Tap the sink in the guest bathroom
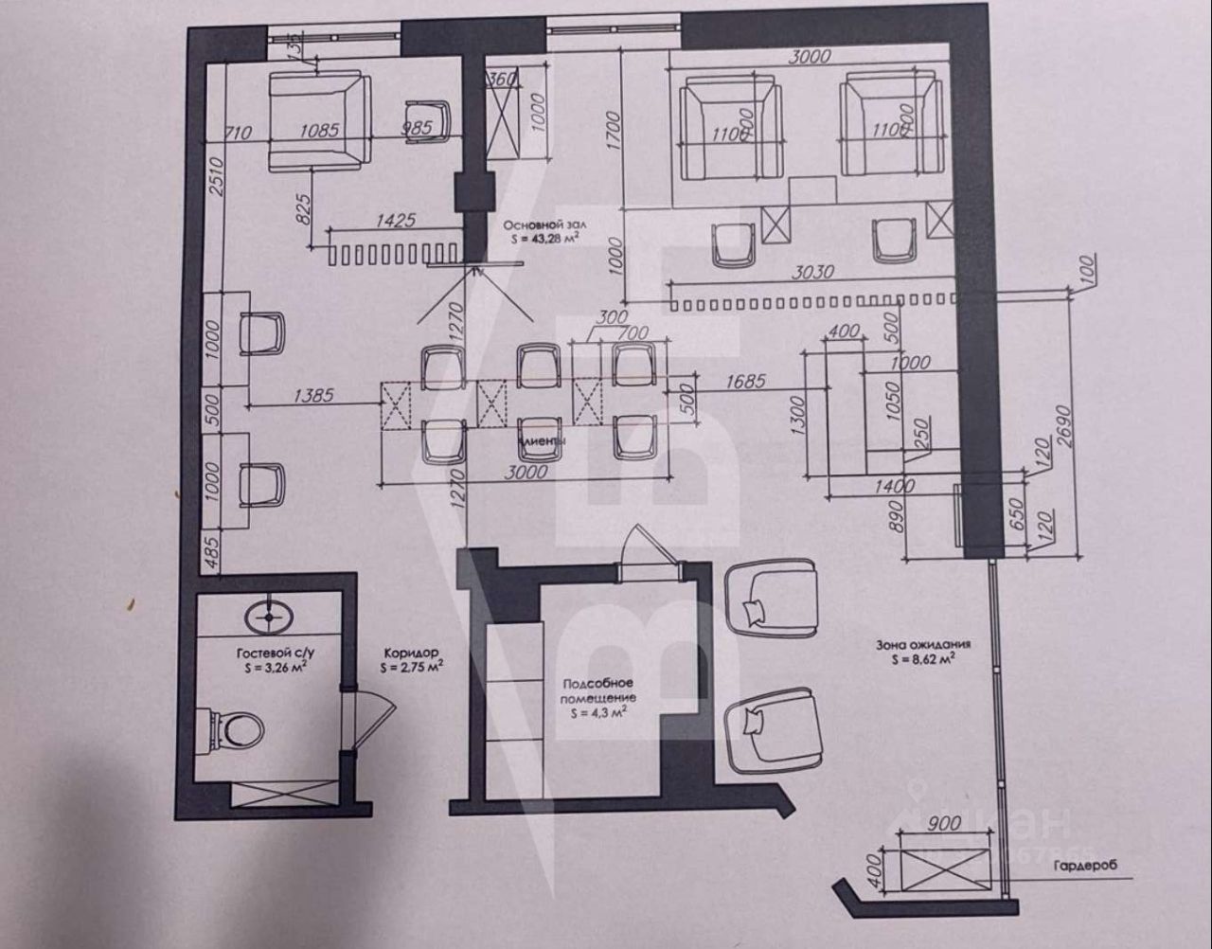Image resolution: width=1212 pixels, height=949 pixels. [271, 617]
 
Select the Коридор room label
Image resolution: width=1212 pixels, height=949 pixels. [411, 653]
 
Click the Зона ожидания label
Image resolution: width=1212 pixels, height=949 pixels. [923, 644]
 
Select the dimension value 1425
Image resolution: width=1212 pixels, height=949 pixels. [397, 222]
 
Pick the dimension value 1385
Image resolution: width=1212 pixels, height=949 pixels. [313, 396]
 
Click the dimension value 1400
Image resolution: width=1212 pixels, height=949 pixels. [895, 487]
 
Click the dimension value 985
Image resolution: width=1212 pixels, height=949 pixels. [417, 128]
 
